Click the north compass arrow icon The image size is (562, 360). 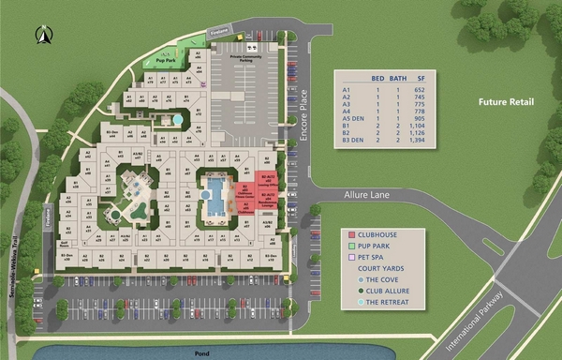coord(43,36)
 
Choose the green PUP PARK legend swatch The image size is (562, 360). coord(351,245)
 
